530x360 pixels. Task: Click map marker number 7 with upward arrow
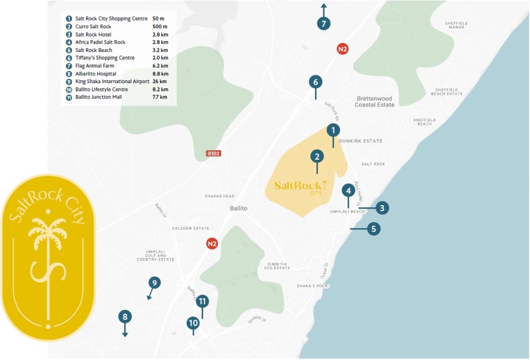pos(323,24)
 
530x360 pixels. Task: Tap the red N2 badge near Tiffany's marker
pos(342,49)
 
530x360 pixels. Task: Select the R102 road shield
pos(213,153)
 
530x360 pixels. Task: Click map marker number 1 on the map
pos(333,130)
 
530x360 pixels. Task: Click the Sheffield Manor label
pos(456,25)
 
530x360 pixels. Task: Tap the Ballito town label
pos(238,209)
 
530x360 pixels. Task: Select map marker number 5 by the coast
pos(373,229)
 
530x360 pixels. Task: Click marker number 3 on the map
pos(382,207)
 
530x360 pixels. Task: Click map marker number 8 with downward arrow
pos(125,317)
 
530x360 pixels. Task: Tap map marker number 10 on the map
pos(193,322)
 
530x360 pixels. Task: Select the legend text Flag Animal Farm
pos(98,66)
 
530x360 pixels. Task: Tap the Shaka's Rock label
pos(312,286)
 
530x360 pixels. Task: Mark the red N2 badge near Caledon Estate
pos(212,243)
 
